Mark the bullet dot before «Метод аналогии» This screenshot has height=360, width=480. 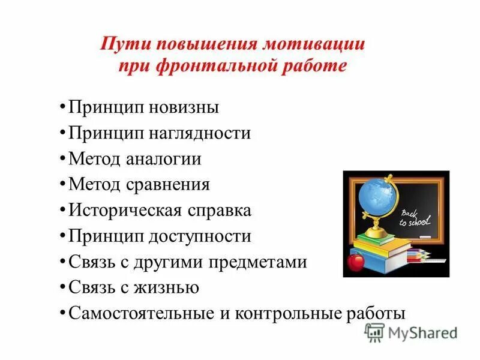63,159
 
